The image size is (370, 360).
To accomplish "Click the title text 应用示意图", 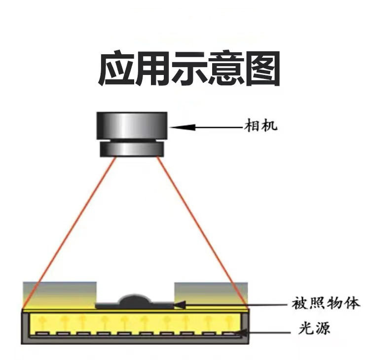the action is point(189,69).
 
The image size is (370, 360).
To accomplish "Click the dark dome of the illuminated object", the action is point(135,299).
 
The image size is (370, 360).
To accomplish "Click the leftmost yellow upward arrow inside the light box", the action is point(42,323).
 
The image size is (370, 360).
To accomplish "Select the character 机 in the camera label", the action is point(269,126).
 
